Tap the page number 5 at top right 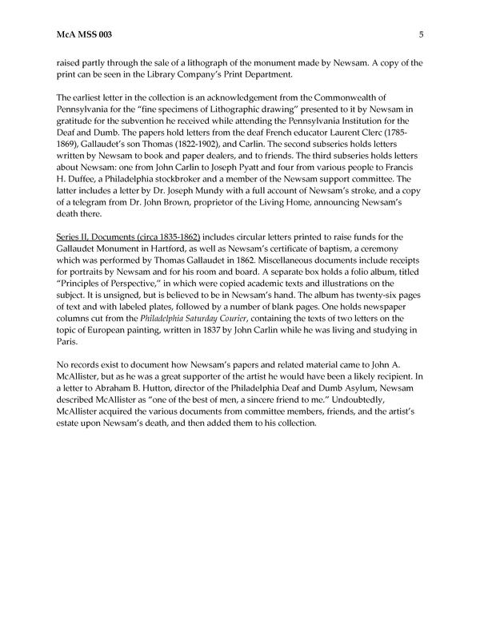pyautogui.click(x=420, y=34)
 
